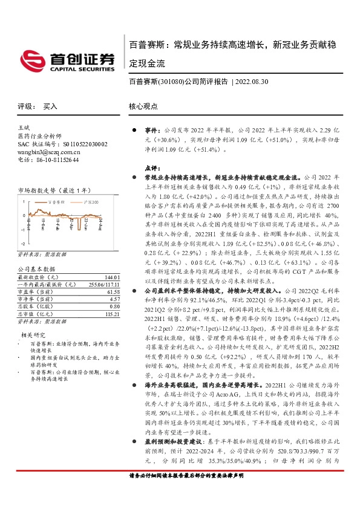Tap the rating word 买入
click(50, 106)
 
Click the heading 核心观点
click(143, 106)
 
